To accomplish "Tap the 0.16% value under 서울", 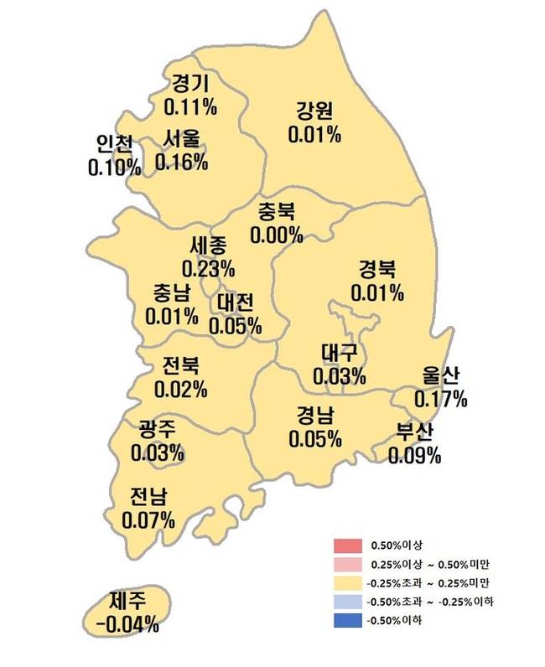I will pos(182,162).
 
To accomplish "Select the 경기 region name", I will pos(190,84).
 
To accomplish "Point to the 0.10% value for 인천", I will pos(114,167).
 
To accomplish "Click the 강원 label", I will pos(314,111).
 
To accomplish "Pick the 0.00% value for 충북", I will pos(277,235).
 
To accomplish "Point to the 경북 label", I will pos(378,271).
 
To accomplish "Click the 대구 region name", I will pos(340,353).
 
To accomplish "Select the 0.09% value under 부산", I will pos(415,455).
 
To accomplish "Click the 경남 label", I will pos(315,415).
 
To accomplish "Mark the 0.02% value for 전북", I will pos(180,390).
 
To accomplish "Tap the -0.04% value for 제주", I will pos(127,623).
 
